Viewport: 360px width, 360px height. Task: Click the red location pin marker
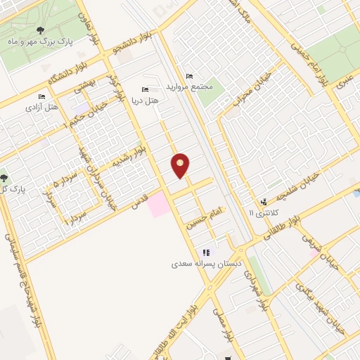tap(181, 165)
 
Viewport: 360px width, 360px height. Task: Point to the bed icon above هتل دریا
tap(145, 89)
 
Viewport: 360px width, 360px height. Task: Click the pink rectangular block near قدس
tap(158, 205)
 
